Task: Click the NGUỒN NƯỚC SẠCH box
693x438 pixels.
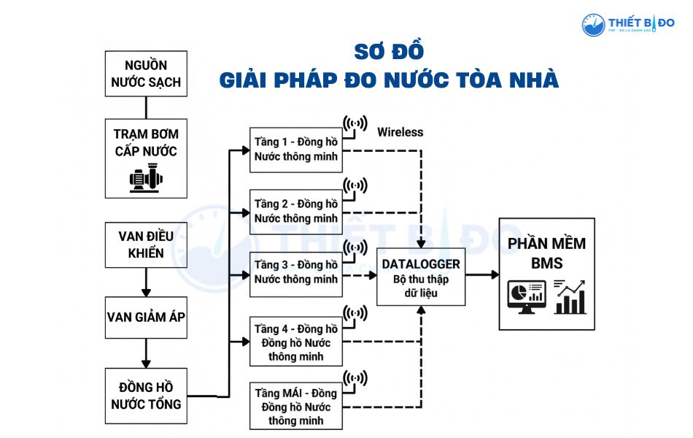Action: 146,73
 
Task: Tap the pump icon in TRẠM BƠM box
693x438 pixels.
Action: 146,178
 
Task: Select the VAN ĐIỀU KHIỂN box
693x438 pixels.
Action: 146,245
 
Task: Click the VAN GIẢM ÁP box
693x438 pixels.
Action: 146,318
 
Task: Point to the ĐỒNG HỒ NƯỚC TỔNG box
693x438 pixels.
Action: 146,395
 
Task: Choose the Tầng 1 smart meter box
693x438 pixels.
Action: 295,148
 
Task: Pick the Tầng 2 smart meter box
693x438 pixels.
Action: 295,211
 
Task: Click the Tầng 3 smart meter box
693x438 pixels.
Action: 295,272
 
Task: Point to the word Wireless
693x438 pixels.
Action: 400,132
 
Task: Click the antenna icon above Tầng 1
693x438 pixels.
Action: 355,125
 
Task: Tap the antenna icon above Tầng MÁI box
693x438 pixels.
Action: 355,379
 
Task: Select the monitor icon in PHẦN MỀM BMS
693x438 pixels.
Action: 525,296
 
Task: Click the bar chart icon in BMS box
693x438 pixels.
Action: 570,296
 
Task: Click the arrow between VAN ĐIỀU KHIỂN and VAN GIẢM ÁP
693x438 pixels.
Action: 146,281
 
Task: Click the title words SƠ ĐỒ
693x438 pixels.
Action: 389,52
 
